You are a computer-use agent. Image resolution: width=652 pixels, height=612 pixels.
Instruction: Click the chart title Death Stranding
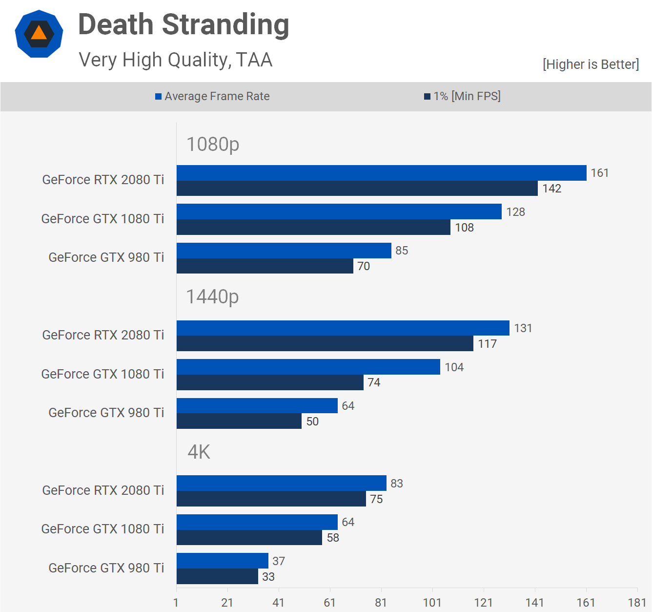pyautogui.click(x=183, y=25)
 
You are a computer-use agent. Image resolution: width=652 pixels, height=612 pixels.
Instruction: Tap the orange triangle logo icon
pyautogui.click(x=39, y=34)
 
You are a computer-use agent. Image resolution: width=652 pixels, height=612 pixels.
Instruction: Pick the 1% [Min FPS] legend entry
pyautogui.click(x=462, y=96)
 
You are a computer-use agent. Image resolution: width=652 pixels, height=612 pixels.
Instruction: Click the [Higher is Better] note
pyautogui.click(x=591, y=64)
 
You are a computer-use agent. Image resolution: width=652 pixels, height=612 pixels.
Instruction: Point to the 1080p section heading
pyautogui.click(x=213, y=144)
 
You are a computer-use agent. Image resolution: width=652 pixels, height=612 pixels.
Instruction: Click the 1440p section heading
pyautogui.click(x=212, y=296)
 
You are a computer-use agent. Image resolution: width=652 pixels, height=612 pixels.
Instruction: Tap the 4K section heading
pyautogui.click(x=199, y=452)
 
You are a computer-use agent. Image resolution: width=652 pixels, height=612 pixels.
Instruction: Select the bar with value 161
pyautogui.click(x=381, y=173)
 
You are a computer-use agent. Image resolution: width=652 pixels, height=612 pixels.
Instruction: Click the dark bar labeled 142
pyautogui.click(x=357, y=189)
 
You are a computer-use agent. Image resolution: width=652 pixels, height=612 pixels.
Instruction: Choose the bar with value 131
pyautogui.click(x=343, y=328)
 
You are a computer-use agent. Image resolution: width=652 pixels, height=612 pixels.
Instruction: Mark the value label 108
pyautogui.click(x=464, y=228)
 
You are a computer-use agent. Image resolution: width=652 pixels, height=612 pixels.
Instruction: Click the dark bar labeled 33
pyautogui.click(x=217, y=576)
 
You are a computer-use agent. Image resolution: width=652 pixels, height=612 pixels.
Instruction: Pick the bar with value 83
pyautogui.click(x=281, y=483)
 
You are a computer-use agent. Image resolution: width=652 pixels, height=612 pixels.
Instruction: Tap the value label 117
pyautogui.click(x=487, y=344)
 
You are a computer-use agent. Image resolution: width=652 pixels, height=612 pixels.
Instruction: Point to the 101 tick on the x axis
pyautogui.click(x=432, y=602)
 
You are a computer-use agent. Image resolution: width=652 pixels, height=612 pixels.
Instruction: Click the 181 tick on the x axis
pyautogui.click(x=637, y=602)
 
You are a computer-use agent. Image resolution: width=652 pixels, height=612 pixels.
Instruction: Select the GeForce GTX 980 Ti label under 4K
pyautogui.click(x=106, y=568)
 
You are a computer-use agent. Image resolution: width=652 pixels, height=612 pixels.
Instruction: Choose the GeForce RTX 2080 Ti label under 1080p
pyautogui.click(x=103, y=180)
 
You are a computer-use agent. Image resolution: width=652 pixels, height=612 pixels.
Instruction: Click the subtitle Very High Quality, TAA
pyautogui.click(x=175, y=60)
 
